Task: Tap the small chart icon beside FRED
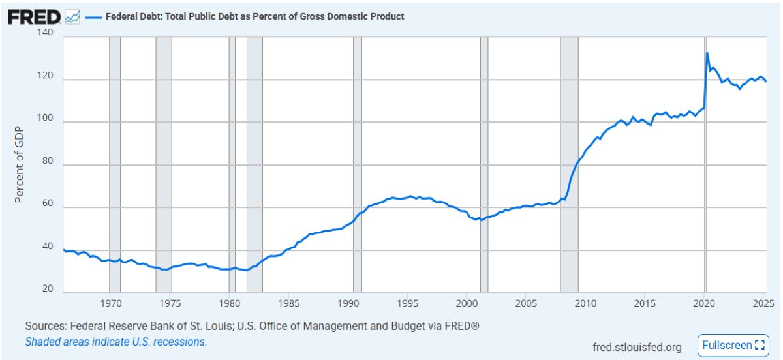72,17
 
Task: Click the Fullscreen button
733,345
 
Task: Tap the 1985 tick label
289,303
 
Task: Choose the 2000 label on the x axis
467,303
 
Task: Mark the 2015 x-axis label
645,303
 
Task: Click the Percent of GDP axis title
19,164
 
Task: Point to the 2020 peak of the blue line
707,53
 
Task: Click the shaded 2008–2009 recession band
569,163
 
